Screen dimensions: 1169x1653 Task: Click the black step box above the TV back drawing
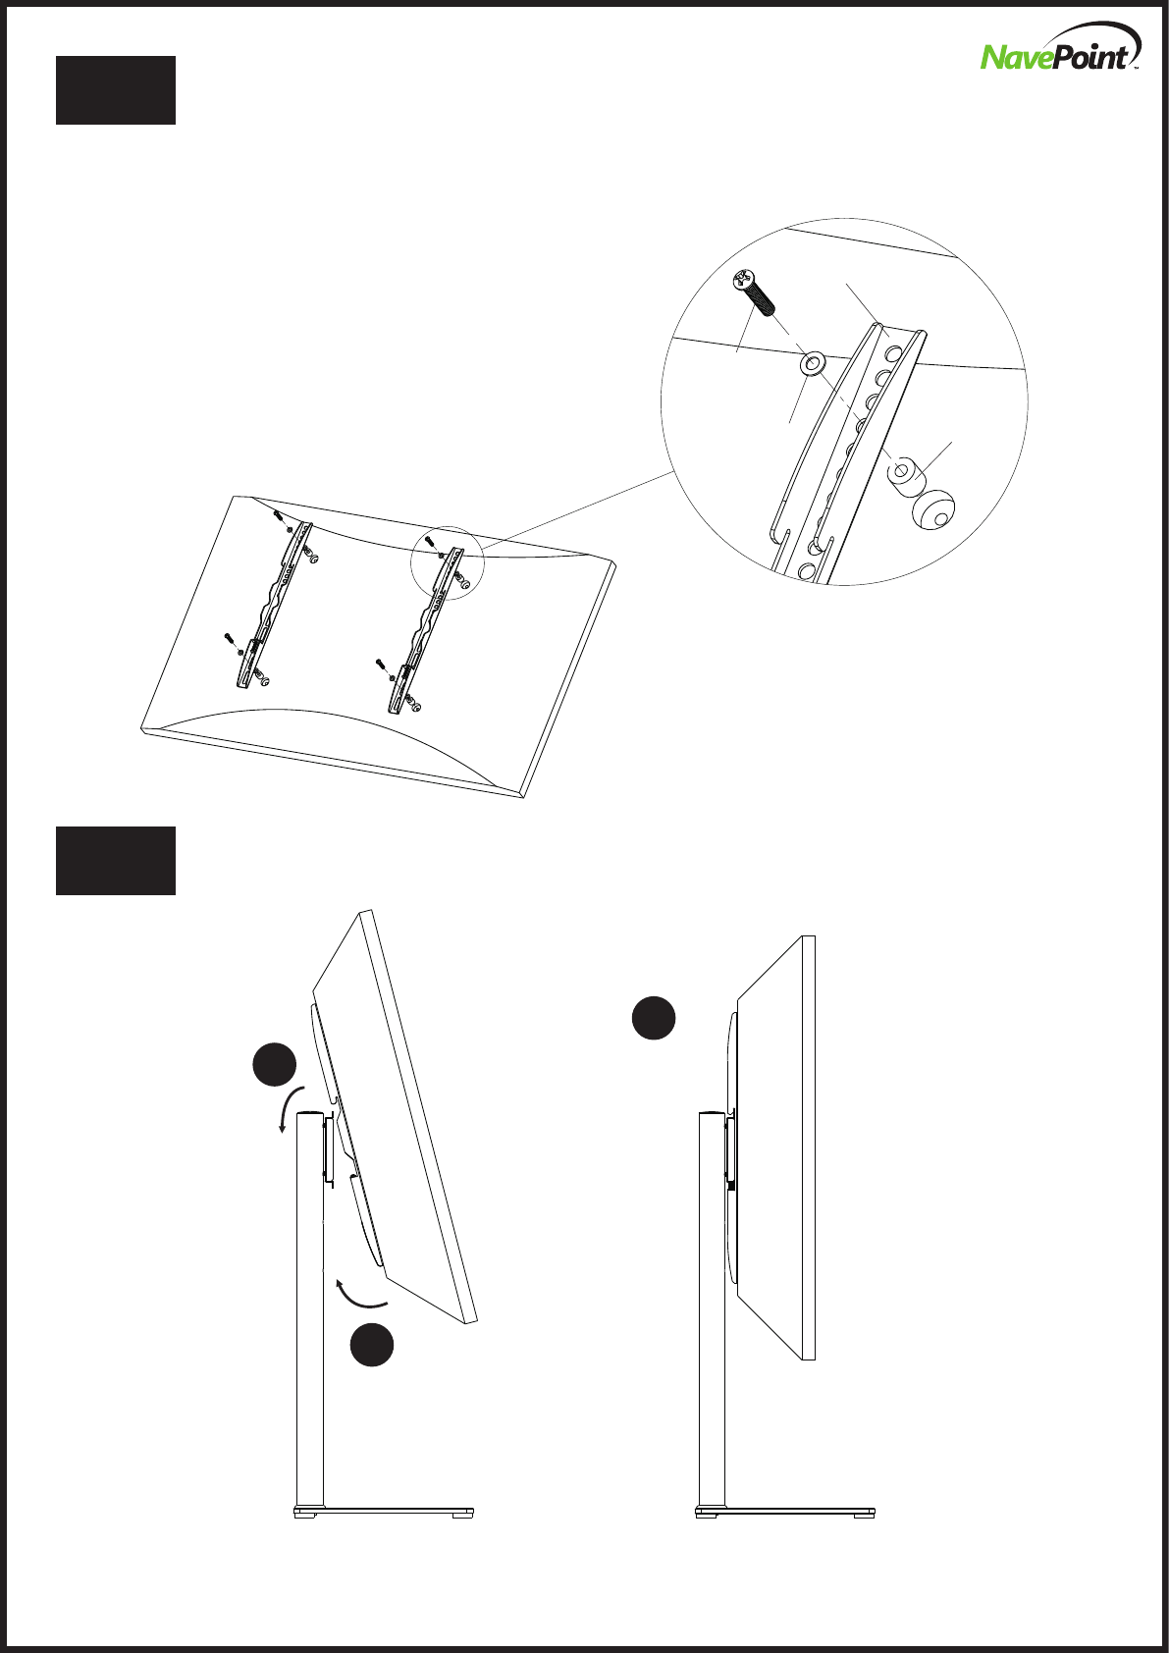click(116, 90)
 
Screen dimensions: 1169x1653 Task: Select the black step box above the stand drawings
click(116, 861)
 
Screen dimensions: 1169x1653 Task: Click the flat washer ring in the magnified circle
click(813, 365)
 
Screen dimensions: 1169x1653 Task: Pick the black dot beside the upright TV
click(653, 1018)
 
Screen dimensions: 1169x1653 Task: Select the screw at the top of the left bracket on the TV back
click(280, 515)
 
